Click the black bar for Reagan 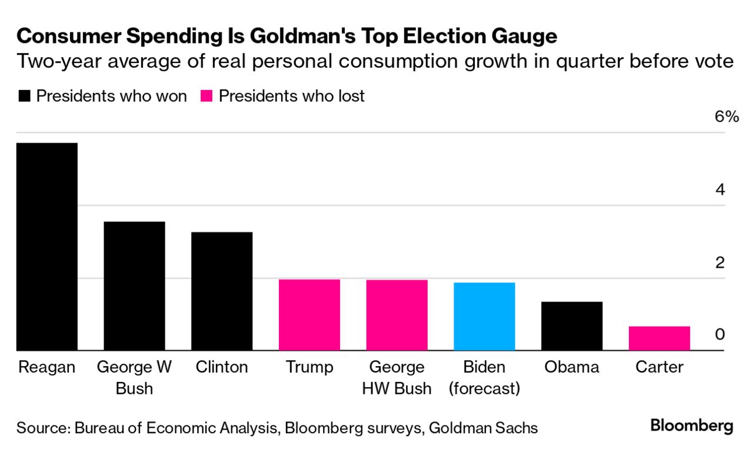[x=46, y=247]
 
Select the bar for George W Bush [x=134, y=286]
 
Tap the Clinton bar [x=222, y=291]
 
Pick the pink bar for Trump [x=309, y=315]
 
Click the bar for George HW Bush [x=397, y=315]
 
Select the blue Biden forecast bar [x=484, y=317]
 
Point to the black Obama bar [x=572, y=326]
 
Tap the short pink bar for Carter [x=659, y=338]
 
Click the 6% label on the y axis [x=726, y=117]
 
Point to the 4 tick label [x=720, y=190]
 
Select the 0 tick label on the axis [x=720, y=334]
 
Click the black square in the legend [x=24, y=96]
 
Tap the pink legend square [x=207, y=96]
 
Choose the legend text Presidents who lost [x=291, y=96]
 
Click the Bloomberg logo [x=691, y=426]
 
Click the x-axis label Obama [x=571, y=367]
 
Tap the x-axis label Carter [x=659, y=367]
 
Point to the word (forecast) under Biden [x=484, y=388]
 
